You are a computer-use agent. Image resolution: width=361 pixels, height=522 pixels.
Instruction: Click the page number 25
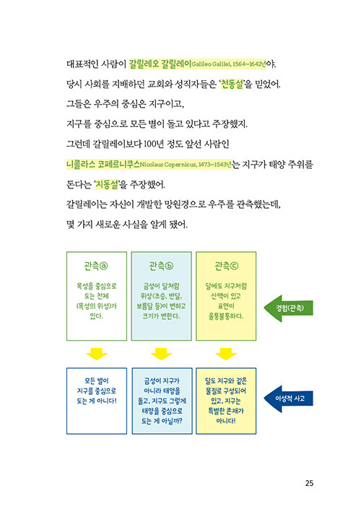pos(309,483)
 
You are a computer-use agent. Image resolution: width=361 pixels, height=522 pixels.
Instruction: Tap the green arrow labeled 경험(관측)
pos(288,308)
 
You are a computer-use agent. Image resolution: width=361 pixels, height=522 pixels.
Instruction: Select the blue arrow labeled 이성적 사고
pos(288,399)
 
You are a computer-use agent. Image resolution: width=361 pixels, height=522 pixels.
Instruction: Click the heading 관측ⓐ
pos(96,266)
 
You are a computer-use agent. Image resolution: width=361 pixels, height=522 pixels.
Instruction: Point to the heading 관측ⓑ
pos(161,266)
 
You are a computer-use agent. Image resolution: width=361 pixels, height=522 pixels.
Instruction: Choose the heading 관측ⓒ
pos(226,266)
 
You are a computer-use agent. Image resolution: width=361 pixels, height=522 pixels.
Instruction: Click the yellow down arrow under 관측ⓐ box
pos(97,354)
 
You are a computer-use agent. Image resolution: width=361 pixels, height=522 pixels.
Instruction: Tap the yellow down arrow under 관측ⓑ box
pos(162,354)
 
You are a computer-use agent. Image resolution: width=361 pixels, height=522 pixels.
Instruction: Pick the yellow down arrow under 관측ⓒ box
pos(226,354)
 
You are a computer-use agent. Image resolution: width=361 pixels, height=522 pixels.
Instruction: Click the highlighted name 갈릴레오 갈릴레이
pos(160,64)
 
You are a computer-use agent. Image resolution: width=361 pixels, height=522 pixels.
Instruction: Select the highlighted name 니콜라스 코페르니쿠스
pos(103,164)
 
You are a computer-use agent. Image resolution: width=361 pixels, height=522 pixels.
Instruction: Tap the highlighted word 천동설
pos(232,84)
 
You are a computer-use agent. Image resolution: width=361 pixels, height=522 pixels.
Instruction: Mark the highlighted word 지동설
pos(107,184)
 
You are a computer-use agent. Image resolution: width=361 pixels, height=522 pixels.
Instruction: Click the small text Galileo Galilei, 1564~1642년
pos(229,64)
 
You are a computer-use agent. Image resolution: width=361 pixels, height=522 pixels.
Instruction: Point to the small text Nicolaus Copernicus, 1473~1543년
pos(186,165)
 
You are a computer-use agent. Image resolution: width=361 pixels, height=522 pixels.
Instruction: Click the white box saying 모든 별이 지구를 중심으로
pos(97,401)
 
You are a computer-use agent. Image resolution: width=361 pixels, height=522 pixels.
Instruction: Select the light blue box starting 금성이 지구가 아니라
pos(162,401)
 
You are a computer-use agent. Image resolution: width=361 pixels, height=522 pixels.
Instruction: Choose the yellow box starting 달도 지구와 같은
pos(226,401)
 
